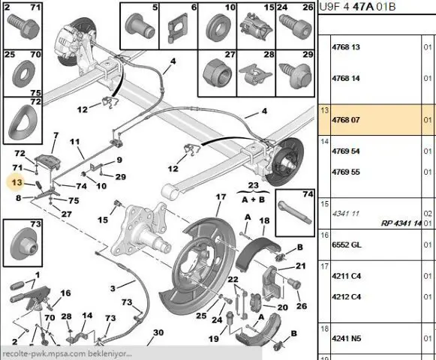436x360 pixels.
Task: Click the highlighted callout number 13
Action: click(17, 182)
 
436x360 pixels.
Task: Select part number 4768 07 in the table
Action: click(346, 120)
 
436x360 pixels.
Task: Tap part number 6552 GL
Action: click(347, 244)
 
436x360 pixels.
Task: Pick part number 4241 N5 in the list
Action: click(346, 338)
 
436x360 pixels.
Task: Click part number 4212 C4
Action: click(346, 296)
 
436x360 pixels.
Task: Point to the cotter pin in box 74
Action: click(294, 212)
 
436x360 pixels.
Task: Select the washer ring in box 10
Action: click(218, 27)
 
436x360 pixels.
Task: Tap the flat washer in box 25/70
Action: click(23, 74)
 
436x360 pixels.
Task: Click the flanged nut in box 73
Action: click(25, 244)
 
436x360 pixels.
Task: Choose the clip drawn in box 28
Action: click(256, 74)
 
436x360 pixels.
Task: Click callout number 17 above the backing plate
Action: click(221, 196)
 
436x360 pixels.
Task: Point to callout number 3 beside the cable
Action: click(113, 288)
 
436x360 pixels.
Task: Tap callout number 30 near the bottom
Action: click(158, 332)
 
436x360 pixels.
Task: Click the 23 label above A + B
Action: click(253, 185)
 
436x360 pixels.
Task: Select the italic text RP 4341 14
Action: click(401, 223)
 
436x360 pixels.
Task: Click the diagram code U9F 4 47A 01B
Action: click(357, 7)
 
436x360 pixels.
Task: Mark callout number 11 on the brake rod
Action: click(74, 142)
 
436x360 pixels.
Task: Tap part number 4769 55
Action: click(346, 172)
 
